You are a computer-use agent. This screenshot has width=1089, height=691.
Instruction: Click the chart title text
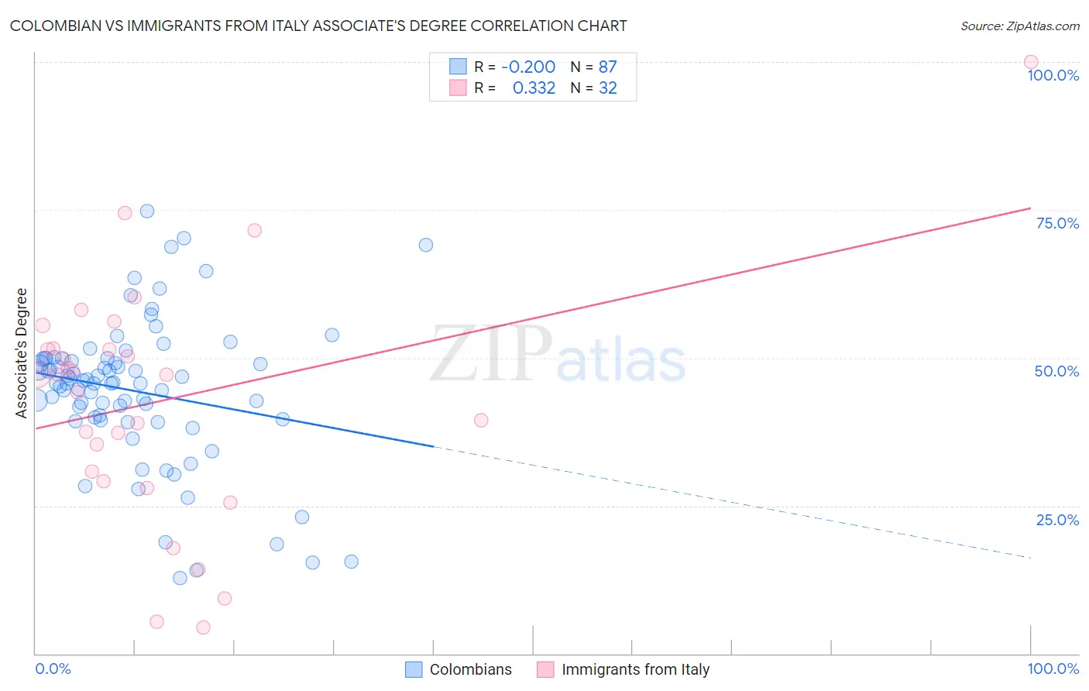318,26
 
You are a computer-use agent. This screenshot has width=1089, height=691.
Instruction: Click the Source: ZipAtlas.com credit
1019,26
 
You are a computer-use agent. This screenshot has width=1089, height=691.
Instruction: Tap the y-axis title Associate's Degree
22,352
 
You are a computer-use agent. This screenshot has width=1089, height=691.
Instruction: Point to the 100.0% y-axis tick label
1053,75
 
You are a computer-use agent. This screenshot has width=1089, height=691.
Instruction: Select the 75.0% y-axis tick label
1057,223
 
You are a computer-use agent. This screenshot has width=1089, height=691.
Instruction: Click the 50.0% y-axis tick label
1056,371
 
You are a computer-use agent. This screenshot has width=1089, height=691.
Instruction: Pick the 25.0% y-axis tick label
1057,520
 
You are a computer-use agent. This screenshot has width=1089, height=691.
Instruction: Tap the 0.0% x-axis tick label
53,669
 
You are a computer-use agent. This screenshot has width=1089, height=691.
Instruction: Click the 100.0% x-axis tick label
1053,669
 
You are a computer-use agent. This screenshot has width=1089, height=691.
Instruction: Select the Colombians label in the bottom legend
470,669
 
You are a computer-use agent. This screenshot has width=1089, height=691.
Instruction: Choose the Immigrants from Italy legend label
635,669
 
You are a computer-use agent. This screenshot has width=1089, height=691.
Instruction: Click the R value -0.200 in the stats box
528,67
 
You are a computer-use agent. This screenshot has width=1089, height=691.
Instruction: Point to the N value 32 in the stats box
608,88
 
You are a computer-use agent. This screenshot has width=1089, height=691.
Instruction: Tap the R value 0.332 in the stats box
534,88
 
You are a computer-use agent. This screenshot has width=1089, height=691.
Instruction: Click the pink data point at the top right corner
1030,62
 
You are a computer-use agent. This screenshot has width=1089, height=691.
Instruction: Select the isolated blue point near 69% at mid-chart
426,245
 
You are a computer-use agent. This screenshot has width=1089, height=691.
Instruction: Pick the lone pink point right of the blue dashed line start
481,420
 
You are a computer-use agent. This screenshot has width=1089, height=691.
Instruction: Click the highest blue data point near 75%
147,211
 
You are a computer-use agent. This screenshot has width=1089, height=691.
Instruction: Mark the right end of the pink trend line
1030,208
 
